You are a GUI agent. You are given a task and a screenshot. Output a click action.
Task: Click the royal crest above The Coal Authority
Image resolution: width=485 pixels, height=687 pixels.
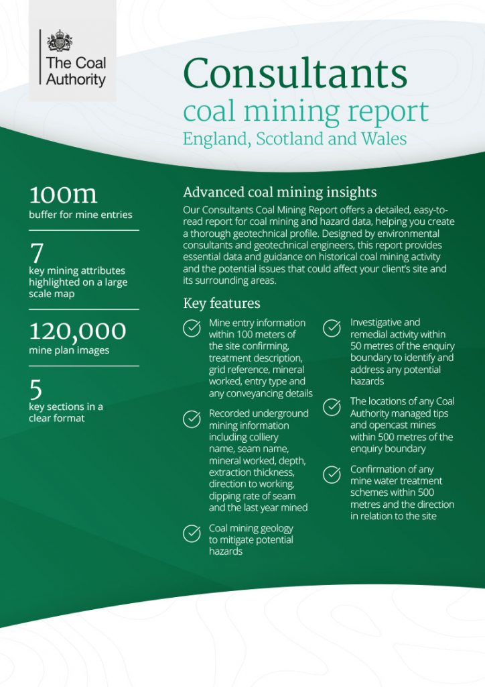click(60, 41)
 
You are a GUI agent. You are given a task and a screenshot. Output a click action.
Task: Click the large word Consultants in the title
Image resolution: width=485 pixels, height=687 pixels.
click(295, 73)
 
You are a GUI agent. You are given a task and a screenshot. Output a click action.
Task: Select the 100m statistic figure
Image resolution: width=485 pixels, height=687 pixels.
click(63, 194)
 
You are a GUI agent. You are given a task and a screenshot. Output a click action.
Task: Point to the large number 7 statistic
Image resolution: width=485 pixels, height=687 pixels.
click(37, 254)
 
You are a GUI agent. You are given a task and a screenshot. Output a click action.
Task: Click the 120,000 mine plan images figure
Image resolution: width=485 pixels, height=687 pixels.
click(77, 331)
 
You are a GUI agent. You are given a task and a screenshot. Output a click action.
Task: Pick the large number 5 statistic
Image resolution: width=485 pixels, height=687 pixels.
click(36, 390)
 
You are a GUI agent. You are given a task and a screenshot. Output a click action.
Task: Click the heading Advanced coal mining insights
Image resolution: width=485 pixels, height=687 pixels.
click(279, 192)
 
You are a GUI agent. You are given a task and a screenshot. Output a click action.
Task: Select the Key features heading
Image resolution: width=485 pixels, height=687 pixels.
click(221, 303)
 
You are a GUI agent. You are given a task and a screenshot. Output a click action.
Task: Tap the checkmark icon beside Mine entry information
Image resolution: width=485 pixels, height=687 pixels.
click(192, 328)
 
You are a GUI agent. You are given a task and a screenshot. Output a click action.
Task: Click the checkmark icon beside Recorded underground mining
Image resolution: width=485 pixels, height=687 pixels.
click(192, 419)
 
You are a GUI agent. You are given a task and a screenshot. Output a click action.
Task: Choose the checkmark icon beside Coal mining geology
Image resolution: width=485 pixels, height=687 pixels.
click(192, 533)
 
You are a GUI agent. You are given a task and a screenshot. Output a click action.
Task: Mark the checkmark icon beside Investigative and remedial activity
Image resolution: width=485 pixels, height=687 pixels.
click(332, 328)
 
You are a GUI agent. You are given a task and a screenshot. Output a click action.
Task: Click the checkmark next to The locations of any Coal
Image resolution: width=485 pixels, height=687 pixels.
click(332, 407)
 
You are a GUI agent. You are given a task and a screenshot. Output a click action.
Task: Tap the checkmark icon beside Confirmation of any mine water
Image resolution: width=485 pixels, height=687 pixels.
click(332, 474)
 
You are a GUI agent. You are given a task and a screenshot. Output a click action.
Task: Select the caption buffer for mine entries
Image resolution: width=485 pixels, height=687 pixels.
click(80, 215)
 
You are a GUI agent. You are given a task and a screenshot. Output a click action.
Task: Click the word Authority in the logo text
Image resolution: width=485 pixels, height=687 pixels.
click(76, 79)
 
